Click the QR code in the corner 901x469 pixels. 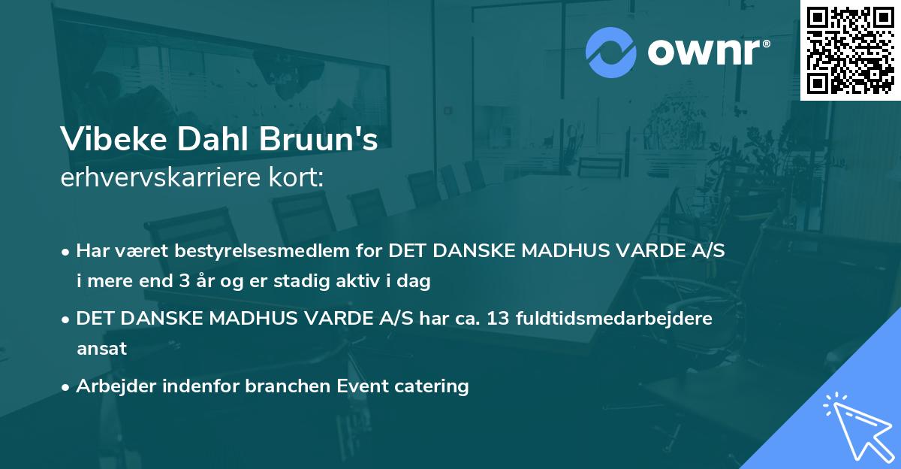pos(851,50)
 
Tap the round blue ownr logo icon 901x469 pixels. pos(610,52)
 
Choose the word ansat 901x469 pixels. pos(101,349)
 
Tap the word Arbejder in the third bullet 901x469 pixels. pos(110,386)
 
